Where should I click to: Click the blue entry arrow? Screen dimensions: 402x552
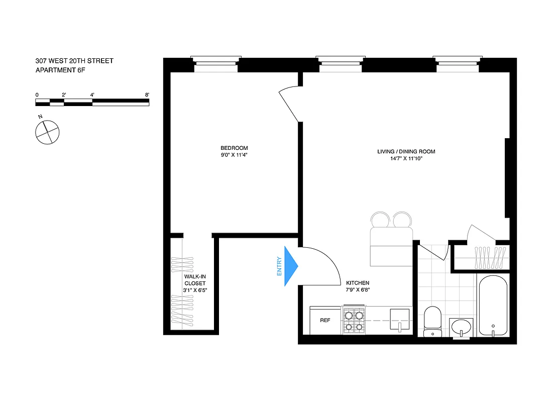[x=291, y=266]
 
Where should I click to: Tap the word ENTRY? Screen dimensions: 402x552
[x=279, y=266]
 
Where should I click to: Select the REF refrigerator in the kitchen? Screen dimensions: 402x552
[x=325, y=320]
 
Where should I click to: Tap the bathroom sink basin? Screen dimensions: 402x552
[x=462, y=327]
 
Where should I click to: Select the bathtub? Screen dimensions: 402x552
[x=494, y=305]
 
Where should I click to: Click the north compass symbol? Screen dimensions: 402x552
[x=47, y=132]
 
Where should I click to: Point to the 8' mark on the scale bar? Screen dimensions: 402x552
[x=147, y=94]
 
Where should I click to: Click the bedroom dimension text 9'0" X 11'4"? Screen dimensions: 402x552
[x=234, y=155]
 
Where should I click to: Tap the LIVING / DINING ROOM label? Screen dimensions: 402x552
[x=406, y=151]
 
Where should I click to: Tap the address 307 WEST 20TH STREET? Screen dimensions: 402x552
[x=74, y=61]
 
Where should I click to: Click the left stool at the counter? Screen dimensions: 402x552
[x=379, y=220]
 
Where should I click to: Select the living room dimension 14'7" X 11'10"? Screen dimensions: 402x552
[x=406, y=159]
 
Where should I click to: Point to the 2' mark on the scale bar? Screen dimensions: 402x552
[x=64, y=94]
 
